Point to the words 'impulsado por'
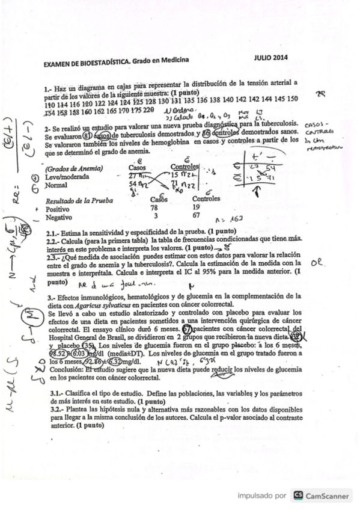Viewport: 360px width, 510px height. tap(263, 496)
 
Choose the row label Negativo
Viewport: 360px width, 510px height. tap(59, 217)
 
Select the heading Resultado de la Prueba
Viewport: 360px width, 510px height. tap(75, 200)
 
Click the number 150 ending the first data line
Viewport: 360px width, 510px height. tap(292, 98)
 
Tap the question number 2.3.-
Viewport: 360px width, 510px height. tap(54, 256)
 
